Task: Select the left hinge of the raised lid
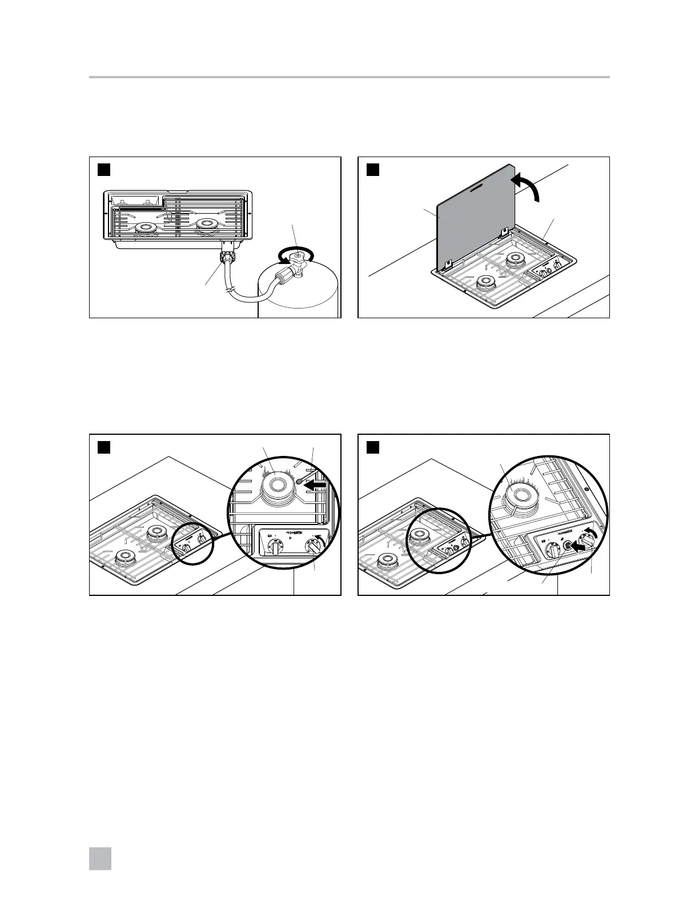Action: click(448, 264)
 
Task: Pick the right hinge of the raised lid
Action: click(504, 231)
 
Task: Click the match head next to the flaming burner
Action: click(299, 482)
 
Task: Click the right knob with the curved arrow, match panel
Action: click(312, 547)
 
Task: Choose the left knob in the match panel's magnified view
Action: click(275, 548)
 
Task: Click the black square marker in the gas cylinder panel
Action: click(103, 170)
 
